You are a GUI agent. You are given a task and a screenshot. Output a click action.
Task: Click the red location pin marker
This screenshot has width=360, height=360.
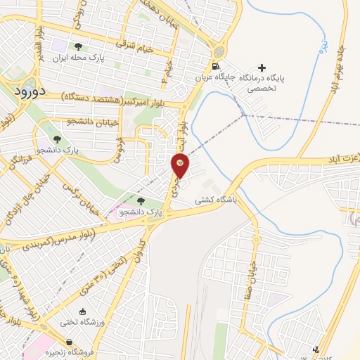[x=181, y=167]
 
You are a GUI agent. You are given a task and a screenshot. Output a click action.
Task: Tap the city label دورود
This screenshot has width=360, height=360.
[x=29, y=91]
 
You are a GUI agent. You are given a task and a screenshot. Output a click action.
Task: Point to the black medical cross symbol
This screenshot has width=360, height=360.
[x=262, y=67]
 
